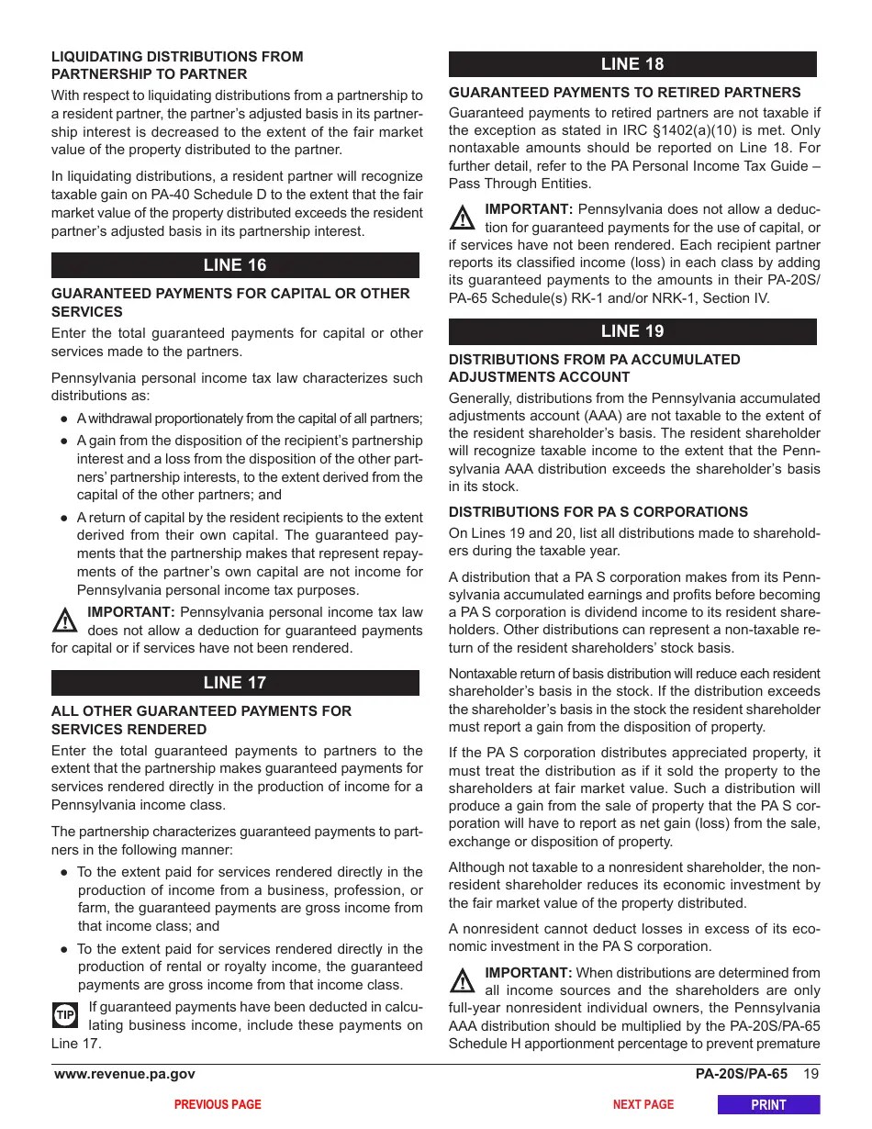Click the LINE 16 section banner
tap(235, 265)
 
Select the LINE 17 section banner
tap(235, 683)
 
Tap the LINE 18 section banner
tap(632, 64)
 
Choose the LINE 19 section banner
tap(632, 331)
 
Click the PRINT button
tap(768, 1105)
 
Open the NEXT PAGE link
tap(643, 1105)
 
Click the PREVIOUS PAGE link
tap(218, 1105)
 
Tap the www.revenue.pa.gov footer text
tap(125, 1075)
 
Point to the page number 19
tap(811, 1075)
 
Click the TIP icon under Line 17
tap(65, 1015)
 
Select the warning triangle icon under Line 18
tap(462, 218)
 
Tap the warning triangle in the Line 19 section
tap(462, 982)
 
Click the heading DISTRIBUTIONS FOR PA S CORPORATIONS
tap(598, 512)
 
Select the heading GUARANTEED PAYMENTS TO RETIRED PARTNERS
tap(624, 93)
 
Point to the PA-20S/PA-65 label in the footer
tap(741, 1075)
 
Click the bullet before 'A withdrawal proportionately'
tap(64, 419)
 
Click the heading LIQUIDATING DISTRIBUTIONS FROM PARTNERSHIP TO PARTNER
tap(176, 65)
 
